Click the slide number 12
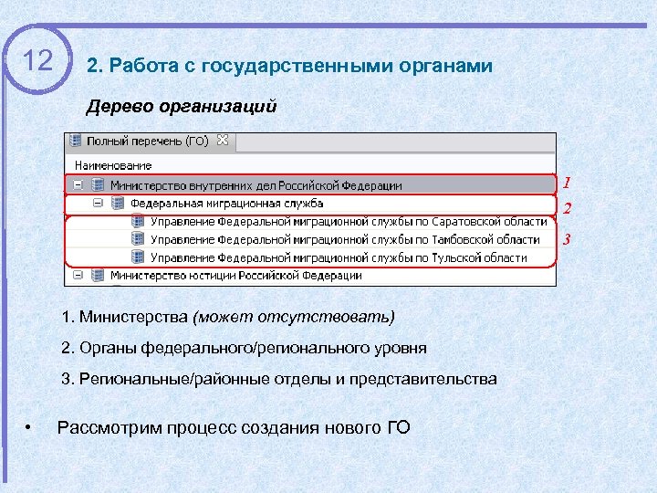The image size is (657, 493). (x=37, y=61)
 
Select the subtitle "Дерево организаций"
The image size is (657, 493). (x=181, y=107)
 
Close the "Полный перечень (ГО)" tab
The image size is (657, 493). (x=222, y=141)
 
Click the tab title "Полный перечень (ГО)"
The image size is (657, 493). (x=146, y=142)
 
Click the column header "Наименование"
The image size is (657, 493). (x=113, y=165)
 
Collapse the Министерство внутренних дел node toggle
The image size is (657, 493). (x=79, y=185)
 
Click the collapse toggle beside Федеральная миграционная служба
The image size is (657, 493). (x=98, y=204)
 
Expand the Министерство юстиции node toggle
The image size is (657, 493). (x=79, y=275)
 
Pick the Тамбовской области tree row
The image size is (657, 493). (x=345, y=239)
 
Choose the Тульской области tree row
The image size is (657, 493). (x=339, y=257)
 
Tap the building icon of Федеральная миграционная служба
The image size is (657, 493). (x=117, y=204)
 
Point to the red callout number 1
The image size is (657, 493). (x=567, y=183)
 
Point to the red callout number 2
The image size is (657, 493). (x=567, y=209)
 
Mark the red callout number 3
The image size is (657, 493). (x=567, y=240)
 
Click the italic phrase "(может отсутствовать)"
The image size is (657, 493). (x=294, y=318)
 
